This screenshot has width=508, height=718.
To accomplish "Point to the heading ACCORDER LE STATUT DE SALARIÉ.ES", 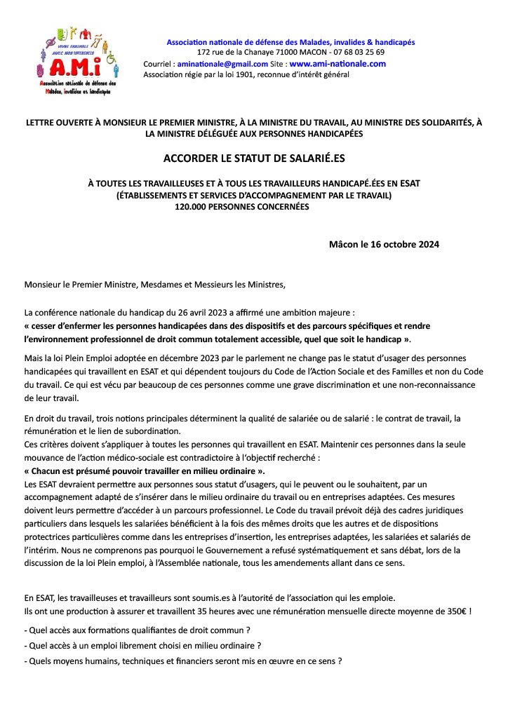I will pos(253,158).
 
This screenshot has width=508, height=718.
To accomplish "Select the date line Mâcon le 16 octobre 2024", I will pos(384,245).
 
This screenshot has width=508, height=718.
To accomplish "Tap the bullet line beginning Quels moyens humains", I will pos(183,661).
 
